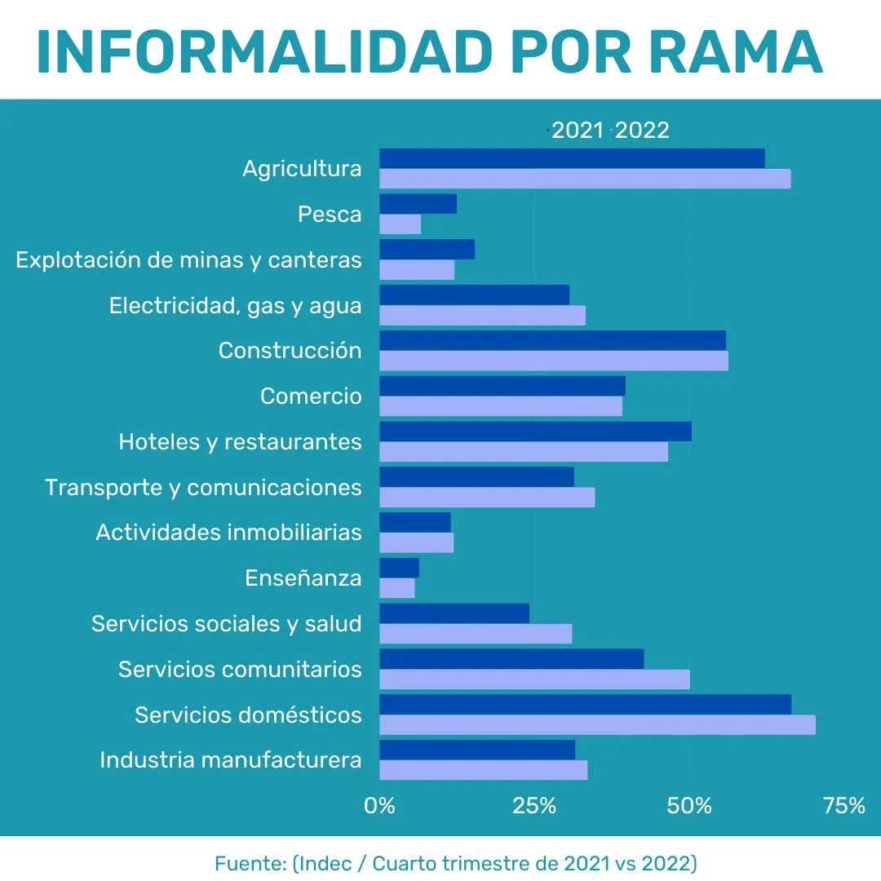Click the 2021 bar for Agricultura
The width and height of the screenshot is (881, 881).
click(572, 158)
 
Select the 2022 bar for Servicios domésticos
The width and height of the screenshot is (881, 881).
click(597, 724)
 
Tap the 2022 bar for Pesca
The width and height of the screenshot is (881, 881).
click(401, 224)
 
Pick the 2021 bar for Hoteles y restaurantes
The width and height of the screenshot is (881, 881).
click(535, 432)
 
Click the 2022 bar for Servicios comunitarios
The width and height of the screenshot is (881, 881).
click(534, 679)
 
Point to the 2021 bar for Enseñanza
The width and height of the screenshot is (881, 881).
click(399, 568)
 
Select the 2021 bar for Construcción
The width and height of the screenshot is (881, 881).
click(552, 340)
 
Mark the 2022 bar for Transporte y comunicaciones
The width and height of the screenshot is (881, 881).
click(487, 497)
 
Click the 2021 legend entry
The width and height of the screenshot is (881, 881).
click(577, 131)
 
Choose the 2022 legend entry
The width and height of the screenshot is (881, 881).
click(642, 131)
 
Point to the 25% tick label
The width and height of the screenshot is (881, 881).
click(534, 806)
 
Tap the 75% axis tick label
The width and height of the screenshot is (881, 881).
click(844, 806)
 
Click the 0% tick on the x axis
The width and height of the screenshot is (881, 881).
click(379, 806)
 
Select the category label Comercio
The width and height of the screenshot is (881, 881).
click(311, 396)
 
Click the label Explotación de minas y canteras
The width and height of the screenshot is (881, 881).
click(188, 260)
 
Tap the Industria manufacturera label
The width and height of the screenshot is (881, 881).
click(231, 760)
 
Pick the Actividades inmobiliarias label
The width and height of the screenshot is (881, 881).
click(228, 533)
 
